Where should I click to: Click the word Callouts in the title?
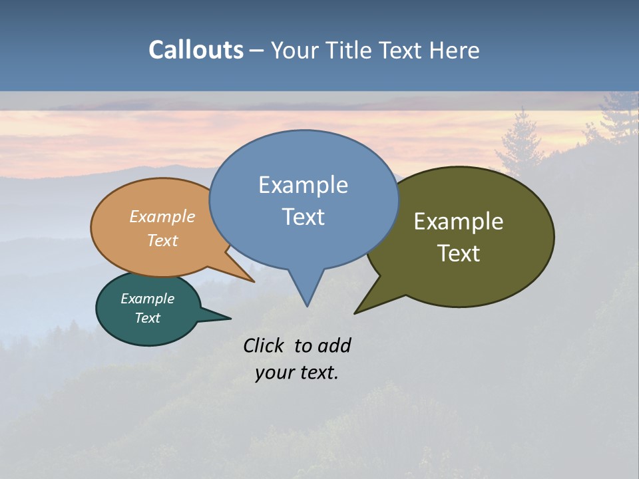pyautogui.click(x=196, y=50)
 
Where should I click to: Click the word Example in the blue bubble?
pyautogui.click(x=303, y=185)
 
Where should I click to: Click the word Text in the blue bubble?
pyautogui.click(x=303, y=217)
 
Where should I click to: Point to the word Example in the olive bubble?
pyautogui.click(x=459, y=222)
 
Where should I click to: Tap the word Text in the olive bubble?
pyautogui.click(x=459, y=253)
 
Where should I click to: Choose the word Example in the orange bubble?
pyautogui.click(x=162, y=217)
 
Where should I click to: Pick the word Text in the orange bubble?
pyautogui.click(x=162, y=240)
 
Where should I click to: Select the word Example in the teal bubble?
pyautogui.click(x=147, y=299)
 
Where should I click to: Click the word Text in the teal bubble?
pyautogui.click(x=147, y=318)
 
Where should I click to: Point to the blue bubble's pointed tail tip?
pyautogui.click(x=307, y=306)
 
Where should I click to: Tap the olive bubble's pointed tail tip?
pyautogui.click(x=355, y=313)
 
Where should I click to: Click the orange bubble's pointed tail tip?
pyautogui.click(x=254, y=281)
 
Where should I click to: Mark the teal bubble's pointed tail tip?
pyautogui.click(x=230, y=319)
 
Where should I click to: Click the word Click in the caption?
pyautogui.click(x=265, y=345)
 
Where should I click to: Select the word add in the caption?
pyautogui.click(x=334, y=345)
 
